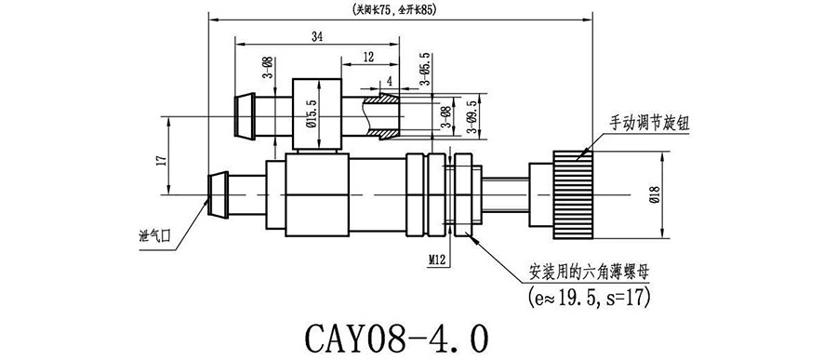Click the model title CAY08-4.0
[x=396, y=338]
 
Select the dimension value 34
[x=316, y=37]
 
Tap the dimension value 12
[x=368, y=57]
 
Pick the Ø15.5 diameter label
[x=312, y=114]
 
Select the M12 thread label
[x=437, y=260]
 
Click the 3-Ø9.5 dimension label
[x=471, y=116]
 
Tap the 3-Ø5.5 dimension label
[x=425, y=70]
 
